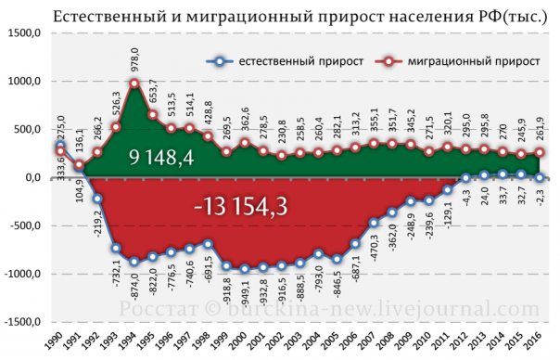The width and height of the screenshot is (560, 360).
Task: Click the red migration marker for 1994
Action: (134, 84)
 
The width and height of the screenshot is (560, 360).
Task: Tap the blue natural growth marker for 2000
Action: (245, 269)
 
